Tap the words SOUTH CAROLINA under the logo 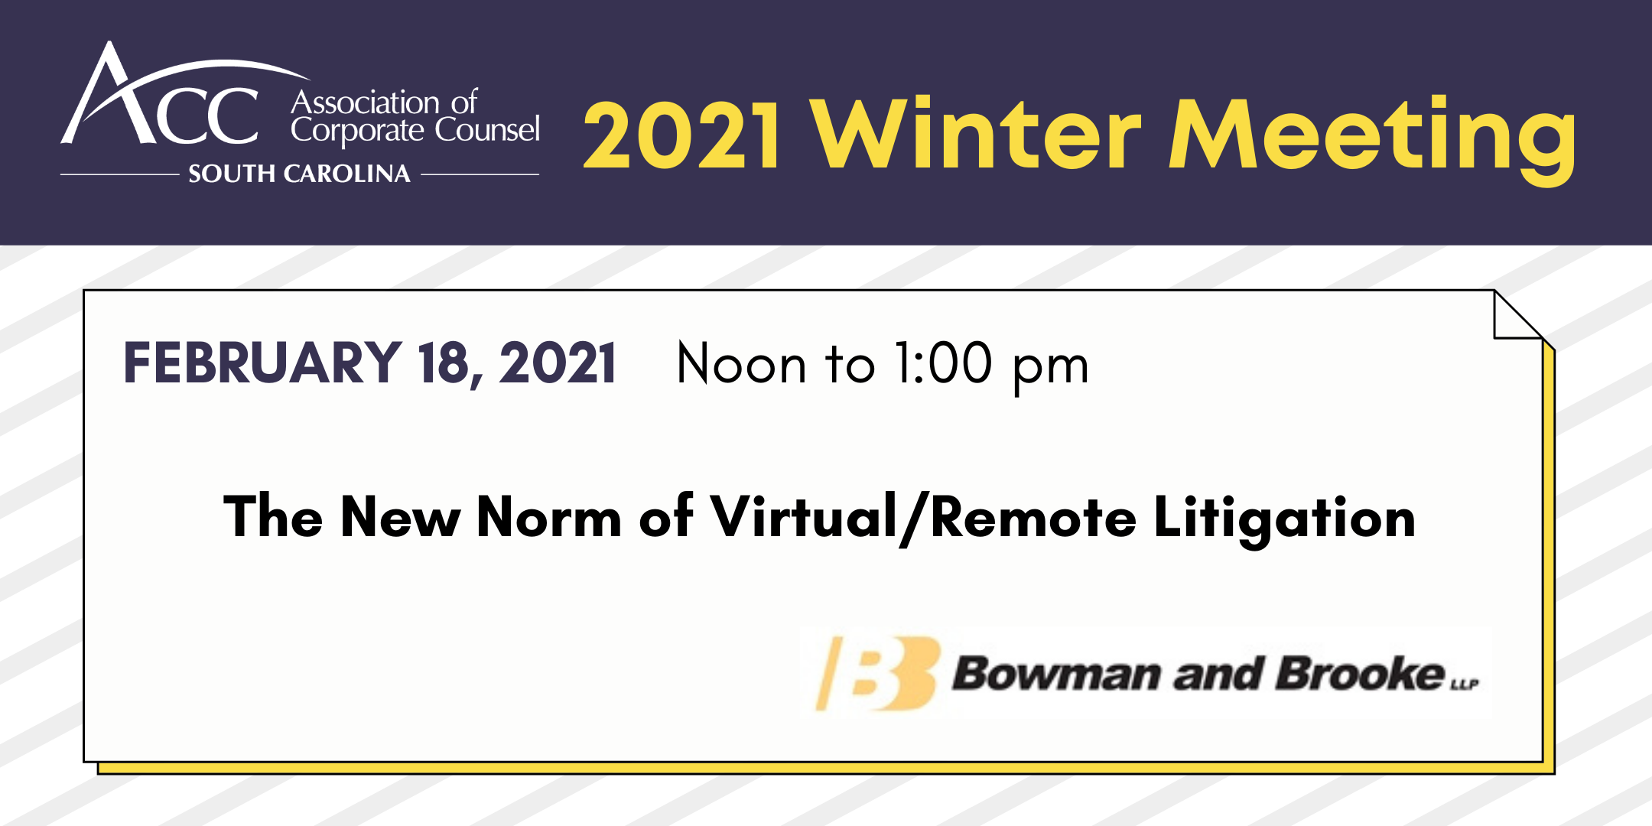pyautogui.click(x=299, y=174)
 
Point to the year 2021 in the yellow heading pyautogui.click(x=682, y=135)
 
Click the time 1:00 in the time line pyautogui.click(x=944, y=363)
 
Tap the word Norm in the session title pyautogui.click(x=549, y=518)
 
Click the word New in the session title pyautogui.click(x=401, y=518)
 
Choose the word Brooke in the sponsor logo pyautogui.click(x=1361, y=673)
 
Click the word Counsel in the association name pyautogui.click(x=488, y=128)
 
